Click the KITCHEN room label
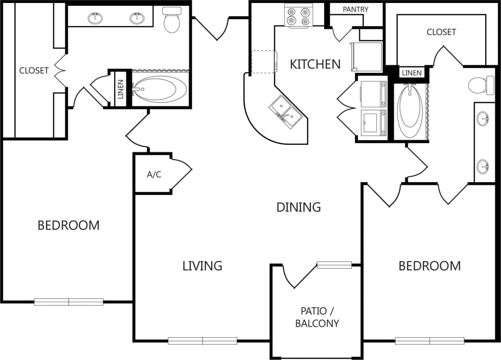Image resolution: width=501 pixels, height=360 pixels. pos(315,64)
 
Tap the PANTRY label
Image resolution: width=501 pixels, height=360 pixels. pos(355,9)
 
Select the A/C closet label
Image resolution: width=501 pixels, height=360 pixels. pos(154,175)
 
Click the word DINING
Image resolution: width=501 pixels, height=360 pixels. pos(299,207)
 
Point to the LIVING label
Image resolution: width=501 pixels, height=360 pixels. pos(202,266)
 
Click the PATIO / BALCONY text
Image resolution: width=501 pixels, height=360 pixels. pos(317,317)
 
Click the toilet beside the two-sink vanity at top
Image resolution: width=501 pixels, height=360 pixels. pos(171,20)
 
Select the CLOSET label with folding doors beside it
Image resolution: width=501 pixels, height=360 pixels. pos(34,70)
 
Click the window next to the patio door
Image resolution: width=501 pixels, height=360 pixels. pos(334,265)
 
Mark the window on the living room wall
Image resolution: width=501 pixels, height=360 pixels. pos(202,341)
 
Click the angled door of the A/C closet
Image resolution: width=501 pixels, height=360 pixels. pos(181,176)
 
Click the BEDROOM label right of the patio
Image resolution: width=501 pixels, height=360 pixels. pos(429,266)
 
